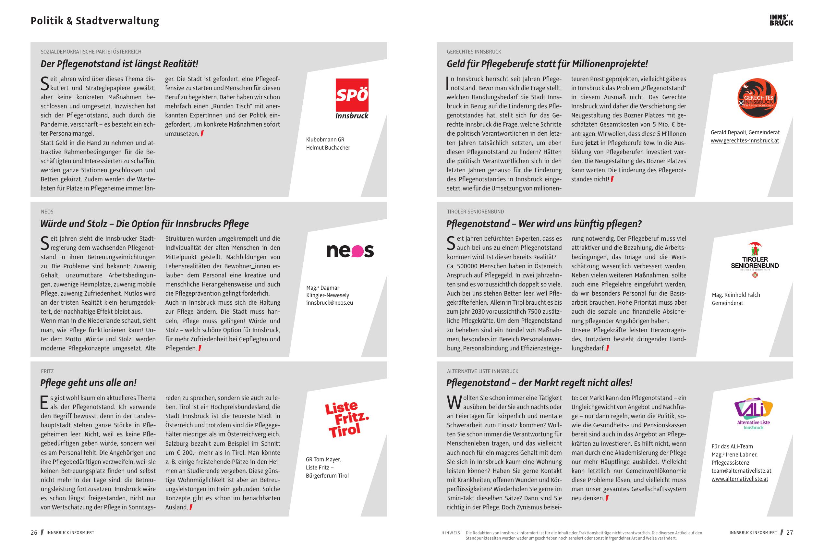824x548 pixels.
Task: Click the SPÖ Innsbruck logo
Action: (352, 99)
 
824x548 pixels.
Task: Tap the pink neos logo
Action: (350, 251)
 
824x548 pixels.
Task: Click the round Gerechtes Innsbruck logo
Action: (757, 98)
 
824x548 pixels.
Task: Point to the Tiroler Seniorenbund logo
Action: (755, 260)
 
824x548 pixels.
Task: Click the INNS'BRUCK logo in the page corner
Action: (781, 20)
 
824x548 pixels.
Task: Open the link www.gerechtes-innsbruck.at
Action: (745, 141)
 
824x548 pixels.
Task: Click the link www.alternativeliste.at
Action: (739, 479)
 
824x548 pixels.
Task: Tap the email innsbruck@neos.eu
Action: (329, 303)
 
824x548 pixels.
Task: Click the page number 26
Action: (34, 533)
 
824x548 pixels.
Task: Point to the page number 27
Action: (790, 533)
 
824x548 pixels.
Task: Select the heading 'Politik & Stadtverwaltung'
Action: (95, 21)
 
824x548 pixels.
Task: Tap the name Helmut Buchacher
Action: (328, 148)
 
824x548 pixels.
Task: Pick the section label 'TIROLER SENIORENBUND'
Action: (475, 212)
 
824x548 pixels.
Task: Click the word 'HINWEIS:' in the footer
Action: (451, 533)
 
